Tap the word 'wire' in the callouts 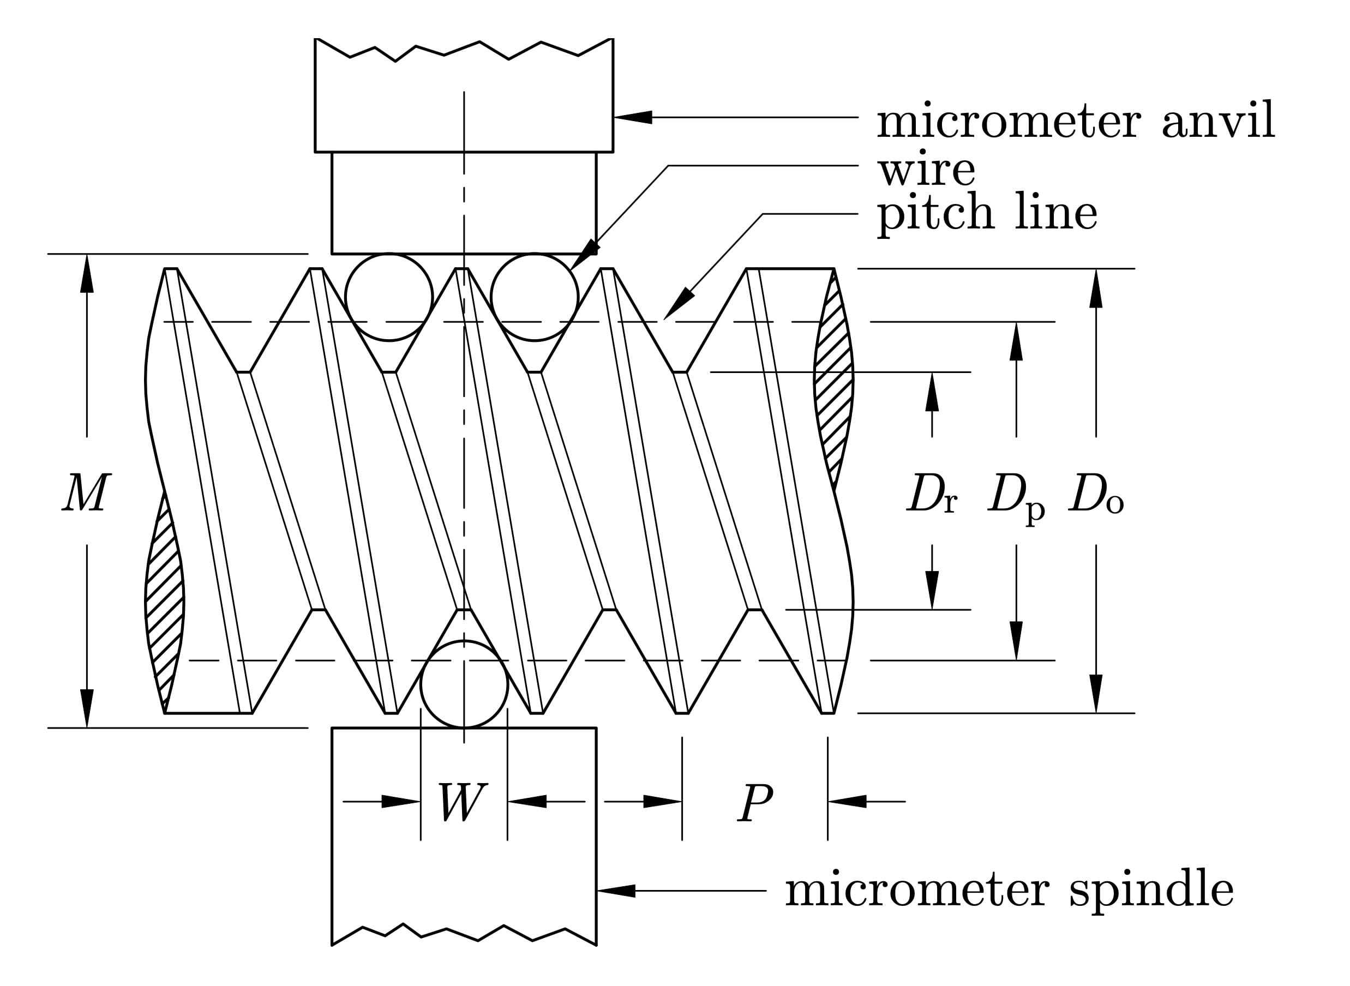[x=926, y=170]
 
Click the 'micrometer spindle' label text [x=1009, y=891]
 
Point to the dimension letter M [x=86, y=492]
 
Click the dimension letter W [x=463, y=802]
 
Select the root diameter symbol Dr [x=932, y=494]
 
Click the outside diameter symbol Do [x=1096, y=494]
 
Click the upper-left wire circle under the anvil [x=389, y=297]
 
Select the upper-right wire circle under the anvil [x=535, y=297]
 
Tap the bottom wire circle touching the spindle [x=464, y=684]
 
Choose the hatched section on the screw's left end [x=165, y=603]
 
